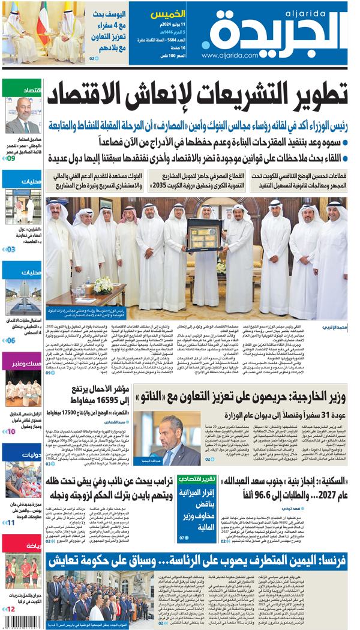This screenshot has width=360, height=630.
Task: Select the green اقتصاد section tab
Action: click(22, 90)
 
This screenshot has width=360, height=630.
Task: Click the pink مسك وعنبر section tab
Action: click(22, 362)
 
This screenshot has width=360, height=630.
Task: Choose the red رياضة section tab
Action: click(22, 545)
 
